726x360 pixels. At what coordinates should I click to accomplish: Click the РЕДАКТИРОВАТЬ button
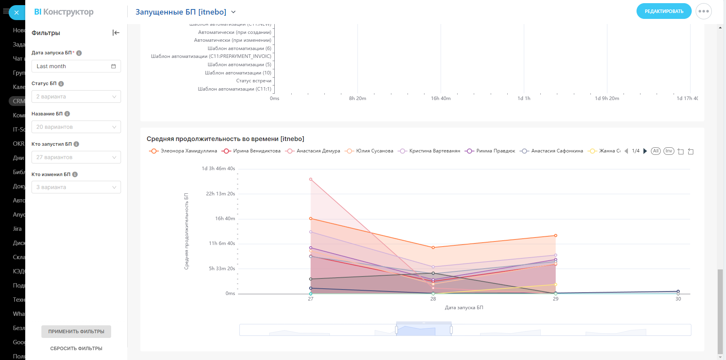pyautogui.click(x=664, y=11)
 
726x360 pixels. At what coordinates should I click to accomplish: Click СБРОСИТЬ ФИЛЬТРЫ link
pyautogui.click(x=76, y=349)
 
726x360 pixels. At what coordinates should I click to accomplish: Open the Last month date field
pyautogui.click(x=76, y=66)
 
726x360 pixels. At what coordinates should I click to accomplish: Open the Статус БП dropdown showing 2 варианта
pyautogui.click(x=76, y=96)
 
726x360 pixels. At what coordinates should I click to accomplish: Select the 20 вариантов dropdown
pyautogui.click(x=76, y=127)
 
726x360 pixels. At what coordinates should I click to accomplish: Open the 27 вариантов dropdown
pyautogui.click(x=76, y=157)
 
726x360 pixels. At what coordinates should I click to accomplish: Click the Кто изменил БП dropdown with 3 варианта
pyautogui.click(x=76, y=187)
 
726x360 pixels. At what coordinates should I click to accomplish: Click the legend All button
pyautogui.click(x=655, y=151)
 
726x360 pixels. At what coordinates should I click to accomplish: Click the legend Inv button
pyautogui.click(x=669, y=151)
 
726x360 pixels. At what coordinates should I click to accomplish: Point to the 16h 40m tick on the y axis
pyautogui.click(x=225, y=219)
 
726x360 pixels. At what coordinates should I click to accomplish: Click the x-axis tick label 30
pyautogui.click(x=678, y=299)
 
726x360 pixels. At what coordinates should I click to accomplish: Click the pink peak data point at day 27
pyautogui.click(x=311, y=179)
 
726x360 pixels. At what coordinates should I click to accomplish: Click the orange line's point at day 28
pyautogui.click(x=433, y=247)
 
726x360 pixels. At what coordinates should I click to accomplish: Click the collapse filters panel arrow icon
pyautogui.click(x=116, y=33)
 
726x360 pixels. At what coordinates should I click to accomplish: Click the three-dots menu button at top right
pyautogui.click(x=704, y=11)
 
